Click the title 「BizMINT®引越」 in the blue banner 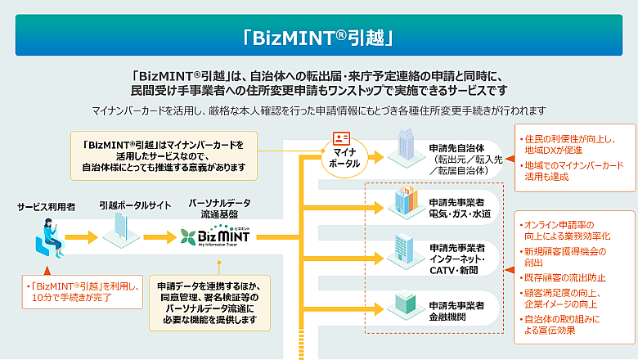[319, 36]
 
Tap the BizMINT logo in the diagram [216, 238]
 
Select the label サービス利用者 [47, 207]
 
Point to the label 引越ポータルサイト [124, 207]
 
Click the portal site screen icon [121, 236]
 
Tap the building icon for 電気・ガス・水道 [406, 202]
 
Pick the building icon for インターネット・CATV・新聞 [406, 250]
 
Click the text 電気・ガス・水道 [460, 214]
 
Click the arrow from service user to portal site [82, 238]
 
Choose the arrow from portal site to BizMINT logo [160, 238]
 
